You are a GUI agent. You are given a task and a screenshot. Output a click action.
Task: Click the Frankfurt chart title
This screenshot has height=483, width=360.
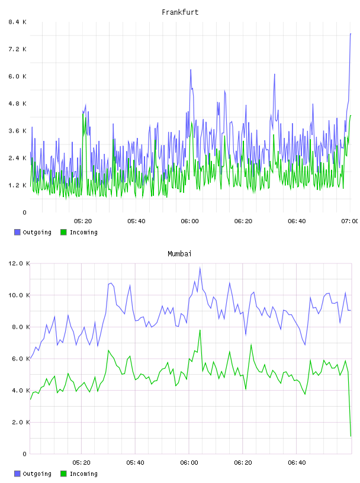coord(180,12)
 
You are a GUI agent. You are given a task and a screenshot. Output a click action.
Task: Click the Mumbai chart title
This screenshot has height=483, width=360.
coord(179,254)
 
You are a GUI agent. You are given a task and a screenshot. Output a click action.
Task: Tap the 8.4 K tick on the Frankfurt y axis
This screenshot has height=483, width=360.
coord(18,22)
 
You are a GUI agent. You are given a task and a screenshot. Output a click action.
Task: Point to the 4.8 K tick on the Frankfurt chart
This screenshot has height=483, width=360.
coord(18,104)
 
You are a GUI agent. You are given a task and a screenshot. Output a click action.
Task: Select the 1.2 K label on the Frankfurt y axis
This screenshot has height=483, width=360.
coord(18,185)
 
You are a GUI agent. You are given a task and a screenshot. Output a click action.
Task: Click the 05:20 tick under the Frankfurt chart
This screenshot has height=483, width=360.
coord(83,221)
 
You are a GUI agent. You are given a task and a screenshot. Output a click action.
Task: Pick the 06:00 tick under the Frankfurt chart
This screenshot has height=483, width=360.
coord(190,221)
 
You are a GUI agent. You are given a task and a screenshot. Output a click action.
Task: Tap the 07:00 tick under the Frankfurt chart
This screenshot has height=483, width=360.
coord(350,221)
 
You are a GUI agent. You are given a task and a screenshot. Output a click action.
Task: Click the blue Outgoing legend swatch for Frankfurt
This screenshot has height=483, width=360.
coord(17,232)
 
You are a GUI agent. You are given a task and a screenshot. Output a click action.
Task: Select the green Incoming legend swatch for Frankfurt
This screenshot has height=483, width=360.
coord(63,232)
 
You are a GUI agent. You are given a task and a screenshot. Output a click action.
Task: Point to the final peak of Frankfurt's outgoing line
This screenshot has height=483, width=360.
coord(351,34)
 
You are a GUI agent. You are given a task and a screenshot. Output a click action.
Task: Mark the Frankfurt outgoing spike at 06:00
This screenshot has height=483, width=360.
coord(191,70)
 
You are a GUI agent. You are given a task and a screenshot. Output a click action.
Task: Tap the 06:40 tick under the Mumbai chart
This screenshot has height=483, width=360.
coord(297,462)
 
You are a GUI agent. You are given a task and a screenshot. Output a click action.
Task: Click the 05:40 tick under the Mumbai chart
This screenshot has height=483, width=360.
coord(136,462)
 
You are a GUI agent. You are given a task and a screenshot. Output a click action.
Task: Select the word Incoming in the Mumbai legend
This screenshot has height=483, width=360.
coord(83,474)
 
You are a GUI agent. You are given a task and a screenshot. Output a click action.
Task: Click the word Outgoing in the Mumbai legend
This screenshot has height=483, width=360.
coord(37,474)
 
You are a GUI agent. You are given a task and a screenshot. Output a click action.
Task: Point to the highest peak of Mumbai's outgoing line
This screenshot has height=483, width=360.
coord(200,268)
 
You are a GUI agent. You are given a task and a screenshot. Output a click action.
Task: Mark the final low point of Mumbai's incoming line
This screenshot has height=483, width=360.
coord(351,436)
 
